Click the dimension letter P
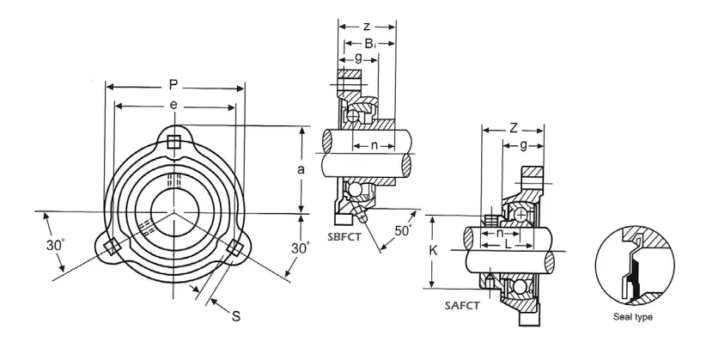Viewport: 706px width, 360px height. coord(173,85)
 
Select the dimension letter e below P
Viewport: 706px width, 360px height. coord(173,106)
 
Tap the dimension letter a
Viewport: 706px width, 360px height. coord(300,170)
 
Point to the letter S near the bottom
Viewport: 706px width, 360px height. coord(237,315)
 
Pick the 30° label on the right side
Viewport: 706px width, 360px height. coord(300,247)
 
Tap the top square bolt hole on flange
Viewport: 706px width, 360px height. coord(174,141)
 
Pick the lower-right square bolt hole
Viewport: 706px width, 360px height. coord(233,248)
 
